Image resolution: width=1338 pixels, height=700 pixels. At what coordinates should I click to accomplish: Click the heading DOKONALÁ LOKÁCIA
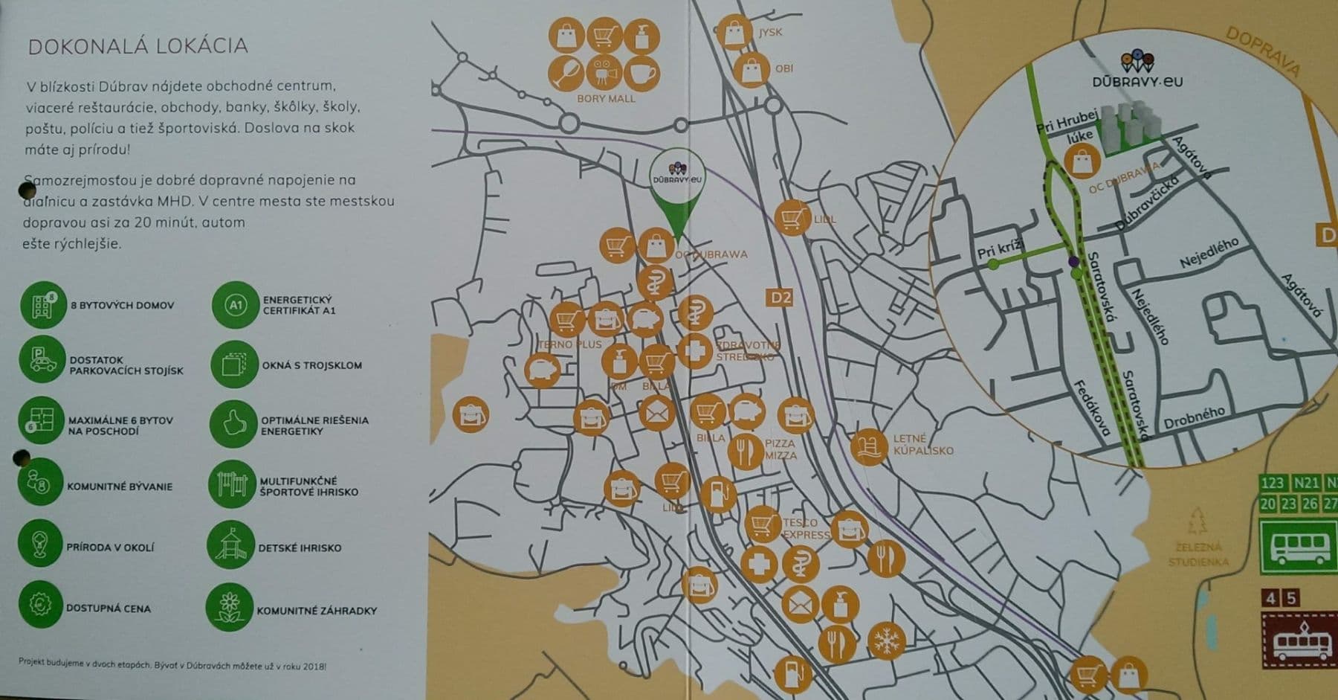(138, 46)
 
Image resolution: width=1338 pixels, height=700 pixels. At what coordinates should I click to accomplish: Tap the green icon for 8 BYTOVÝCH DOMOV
(43, 305)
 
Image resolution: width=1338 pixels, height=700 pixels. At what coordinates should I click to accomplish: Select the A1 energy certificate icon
(235, 304)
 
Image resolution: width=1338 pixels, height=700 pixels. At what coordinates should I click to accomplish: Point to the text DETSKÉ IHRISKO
(300, 548)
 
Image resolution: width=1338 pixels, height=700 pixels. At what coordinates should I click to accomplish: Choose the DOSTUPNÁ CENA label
(108, 609)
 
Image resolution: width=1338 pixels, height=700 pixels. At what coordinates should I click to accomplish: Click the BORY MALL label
(606, 98)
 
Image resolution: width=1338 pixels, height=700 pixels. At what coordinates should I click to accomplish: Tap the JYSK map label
(770, 33)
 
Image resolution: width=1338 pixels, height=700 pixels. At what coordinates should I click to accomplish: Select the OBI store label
(783, 68)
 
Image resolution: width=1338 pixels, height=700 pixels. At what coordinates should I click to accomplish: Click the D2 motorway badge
(780, 298)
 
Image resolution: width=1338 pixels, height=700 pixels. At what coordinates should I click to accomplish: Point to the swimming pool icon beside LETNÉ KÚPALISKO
(869, 448)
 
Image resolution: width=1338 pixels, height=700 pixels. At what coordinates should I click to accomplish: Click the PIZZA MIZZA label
(780, 449)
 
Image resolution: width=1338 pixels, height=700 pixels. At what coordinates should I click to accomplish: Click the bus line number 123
(1272, 484)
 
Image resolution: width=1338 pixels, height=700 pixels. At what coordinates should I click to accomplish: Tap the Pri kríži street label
(1001, 249)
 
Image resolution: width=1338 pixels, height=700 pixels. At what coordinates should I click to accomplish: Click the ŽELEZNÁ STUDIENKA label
(1198, 555)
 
